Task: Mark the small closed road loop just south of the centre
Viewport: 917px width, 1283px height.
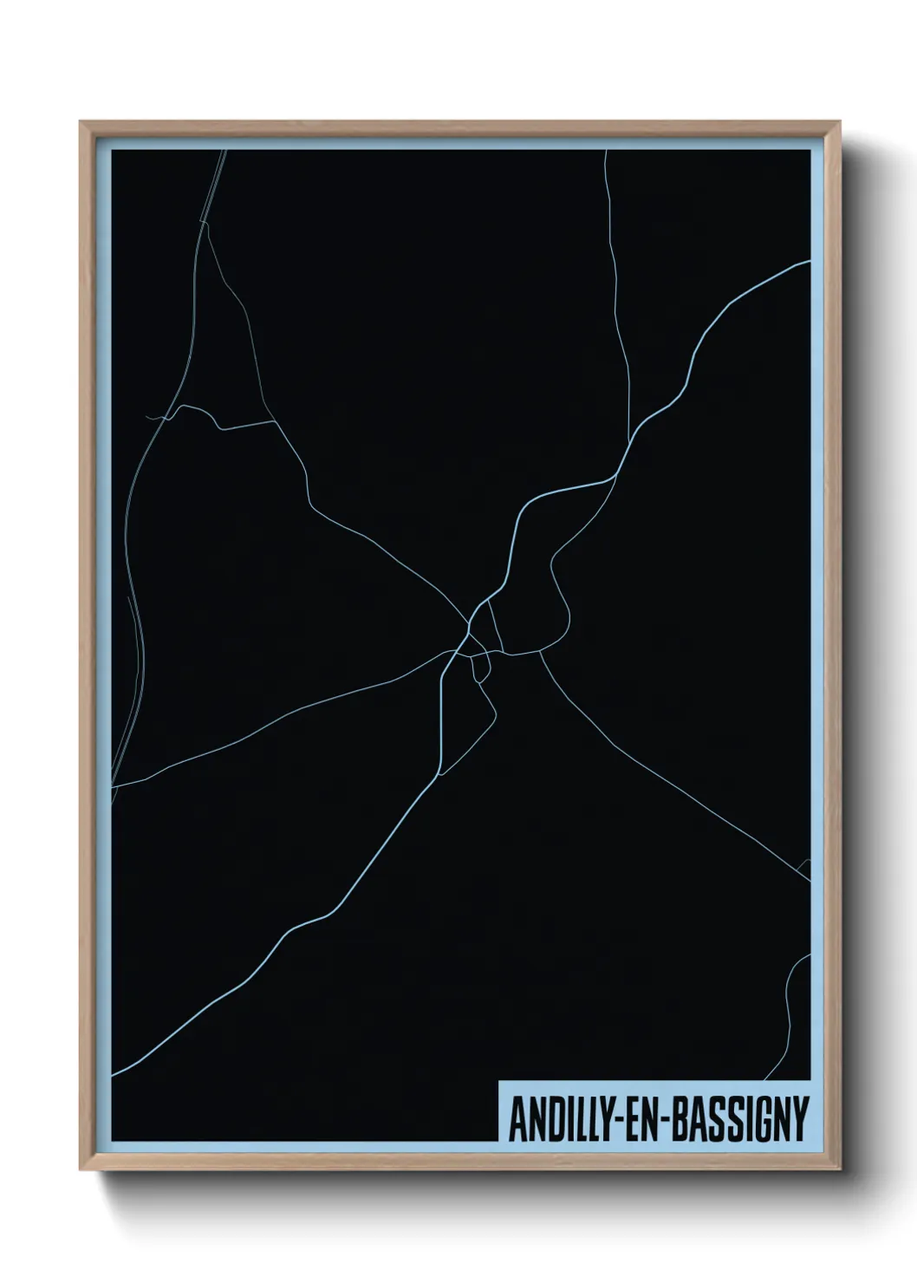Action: pos(479,668)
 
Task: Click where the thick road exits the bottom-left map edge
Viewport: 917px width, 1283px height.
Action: pos(114,1075)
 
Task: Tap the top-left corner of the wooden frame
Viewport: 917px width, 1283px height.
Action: pos(82,124)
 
